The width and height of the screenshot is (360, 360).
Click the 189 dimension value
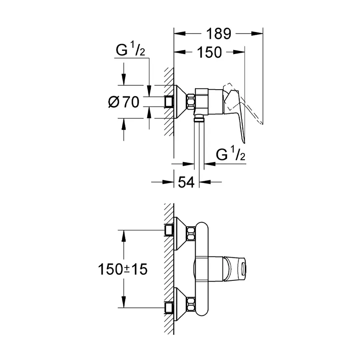[x=219, y=34]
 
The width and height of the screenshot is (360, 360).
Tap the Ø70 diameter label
[x=124, y=102]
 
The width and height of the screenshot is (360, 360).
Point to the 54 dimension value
[x=186, y=182]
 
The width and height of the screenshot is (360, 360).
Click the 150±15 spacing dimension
[x=123, y=269]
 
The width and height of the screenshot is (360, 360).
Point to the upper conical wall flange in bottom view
[x=180, y=231]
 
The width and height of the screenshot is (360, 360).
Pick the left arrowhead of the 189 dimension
[x=178, y=34]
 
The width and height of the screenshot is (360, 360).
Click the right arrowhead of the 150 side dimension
[x=240, y=52]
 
